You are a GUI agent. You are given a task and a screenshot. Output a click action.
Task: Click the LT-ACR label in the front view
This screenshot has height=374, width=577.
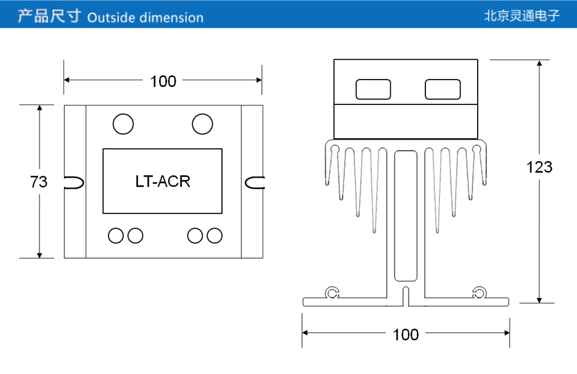click(x=162, y=181)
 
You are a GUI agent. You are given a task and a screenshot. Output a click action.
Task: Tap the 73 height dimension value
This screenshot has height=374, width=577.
click(x=39, y=182)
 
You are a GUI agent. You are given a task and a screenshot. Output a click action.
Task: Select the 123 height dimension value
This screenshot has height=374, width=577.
click(x=539, y=167)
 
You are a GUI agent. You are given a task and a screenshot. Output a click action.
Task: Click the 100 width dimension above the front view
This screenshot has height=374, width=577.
click(x=163, y=81)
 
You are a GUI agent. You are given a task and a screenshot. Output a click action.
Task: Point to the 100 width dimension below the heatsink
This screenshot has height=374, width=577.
click(x=406, y=335)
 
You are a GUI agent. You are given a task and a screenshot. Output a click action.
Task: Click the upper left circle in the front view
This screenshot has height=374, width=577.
click(x=123, y=124)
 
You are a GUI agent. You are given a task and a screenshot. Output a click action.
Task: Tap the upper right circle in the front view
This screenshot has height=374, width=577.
click(x=202, y=124)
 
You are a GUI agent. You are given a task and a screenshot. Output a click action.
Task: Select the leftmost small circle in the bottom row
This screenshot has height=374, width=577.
click(x=115, y=235)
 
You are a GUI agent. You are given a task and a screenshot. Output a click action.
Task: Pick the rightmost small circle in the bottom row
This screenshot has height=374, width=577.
click(x=214, y=235)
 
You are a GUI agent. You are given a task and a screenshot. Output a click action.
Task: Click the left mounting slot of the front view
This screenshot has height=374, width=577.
click(x=74, y=182)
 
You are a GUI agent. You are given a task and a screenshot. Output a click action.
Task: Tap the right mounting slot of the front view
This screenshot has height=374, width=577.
click(x=254, y=182)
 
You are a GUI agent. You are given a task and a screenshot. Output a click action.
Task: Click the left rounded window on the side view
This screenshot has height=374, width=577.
click(x=373, y=89)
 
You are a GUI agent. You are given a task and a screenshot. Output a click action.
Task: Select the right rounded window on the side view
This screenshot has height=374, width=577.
click(x=443, y=89)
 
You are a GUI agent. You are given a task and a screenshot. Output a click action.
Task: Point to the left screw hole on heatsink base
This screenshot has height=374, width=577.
click(x=333, y=293)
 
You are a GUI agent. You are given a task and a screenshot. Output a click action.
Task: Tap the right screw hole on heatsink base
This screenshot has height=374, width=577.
click(x=479, y=293)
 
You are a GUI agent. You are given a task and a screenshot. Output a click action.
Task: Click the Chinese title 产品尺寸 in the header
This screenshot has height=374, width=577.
click(x=49, y=16)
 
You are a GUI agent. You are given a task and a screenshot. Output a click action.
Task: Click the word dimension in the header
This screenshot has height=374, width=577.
click(x=171, y=17)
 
